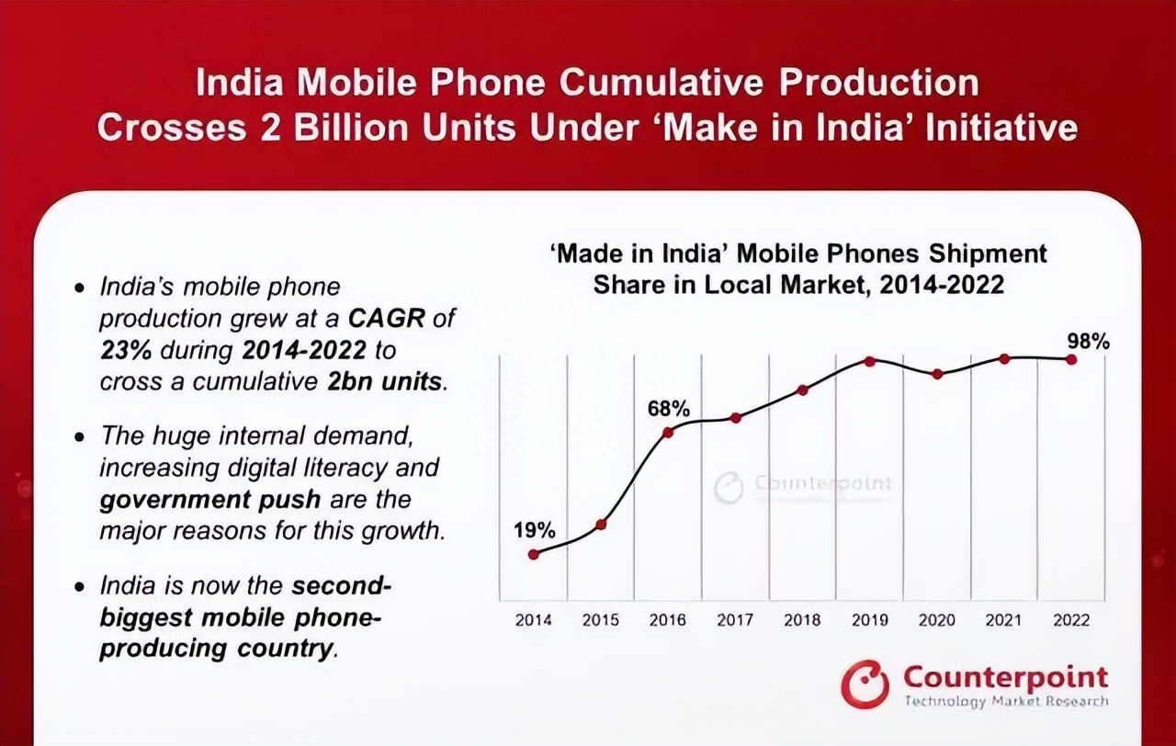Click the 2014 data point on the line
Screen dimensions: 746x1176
point(534,554)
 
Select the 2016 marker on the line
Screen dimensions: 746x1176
point(668,432)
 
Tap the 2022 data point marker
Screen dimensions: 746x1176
point(1071,359)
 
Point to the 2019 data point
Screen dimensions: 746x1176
point(870,360)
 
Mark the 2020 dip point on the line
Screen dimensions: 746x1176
point(937,374)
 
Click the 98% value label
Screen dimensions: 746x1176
point(1088,341)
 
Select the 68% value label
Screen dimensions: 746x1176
point(668,409)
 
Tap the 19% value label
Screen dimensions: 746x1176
point(534,530)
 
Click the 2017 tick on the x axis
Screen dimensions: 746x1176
point(735,620)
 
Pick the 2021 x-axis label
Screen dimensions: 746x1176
point(1003,620)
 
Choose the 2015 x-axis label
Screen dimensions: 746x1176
point(601,620)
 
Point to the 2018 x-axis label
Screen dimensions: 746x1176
point(802,620)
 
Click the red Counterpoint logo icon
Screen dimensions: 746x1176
point(865,684)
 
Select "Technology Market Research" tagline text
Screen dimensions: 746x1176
point(1006,702)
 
